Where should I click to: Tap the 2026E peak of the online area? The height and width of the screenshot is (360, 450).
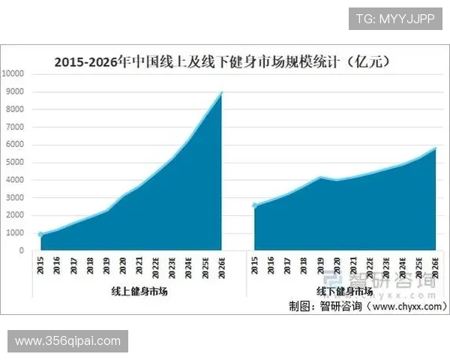(221, 92)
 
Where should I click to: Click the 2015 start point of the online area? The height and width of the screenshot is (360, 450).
(41, 235)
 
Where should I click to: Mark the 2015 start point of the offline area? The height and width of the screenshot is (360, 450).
(255, 205)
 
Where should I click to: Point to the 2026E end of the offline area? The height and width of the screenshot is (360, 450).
(434, 148)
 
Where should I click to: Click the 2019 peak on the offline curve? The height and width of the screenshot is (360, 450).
(320, 177)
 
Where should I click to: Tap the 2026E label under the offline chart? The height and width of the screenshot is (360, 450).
(434, 266)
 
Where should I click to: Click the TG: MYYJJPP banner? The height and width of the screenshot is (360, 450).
(394, 17)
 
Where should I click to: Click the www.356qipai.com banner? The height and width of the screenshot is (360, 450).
(68, 341)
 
